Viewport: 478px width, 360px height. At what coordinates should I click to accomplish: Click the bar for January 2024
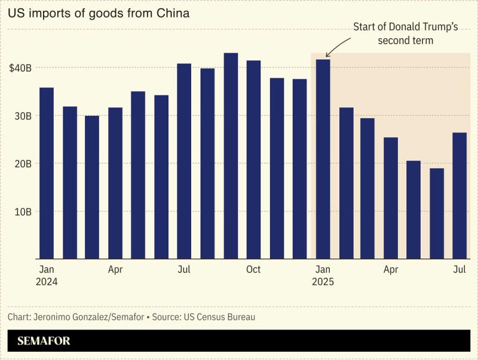[x=47, y=173]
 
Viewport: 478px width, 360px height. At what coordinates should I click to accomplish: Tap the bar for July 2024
[x=184, y=161]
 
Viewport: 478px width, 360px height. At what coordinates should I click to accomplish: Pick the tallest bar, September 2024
[x=231, y=156]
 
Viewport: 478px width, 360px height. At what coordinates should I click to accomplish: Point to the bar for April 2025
[x=391, y=198]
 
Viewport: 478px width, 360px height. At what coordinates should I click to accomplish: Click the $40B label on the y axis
[x=20, y=68]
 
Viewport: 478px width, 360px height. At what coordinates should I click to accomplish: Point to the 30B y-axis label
[x=22, y=116]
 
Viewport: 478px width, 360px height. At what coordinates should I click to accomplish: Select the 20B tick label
[x=22, y=164]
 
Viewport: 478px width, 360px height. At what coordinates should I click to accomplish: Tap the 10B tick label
[x=22, y=211]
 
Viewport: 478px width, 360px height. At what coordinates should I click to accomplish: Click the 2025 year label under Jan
[x=323, y=282]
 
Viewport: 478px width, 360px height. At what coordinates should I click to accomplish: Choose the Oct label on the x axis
[x=253, y=270]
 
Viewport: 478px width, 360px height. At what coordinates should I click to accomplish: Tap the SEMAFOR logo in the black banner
[x=44, y=341]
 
